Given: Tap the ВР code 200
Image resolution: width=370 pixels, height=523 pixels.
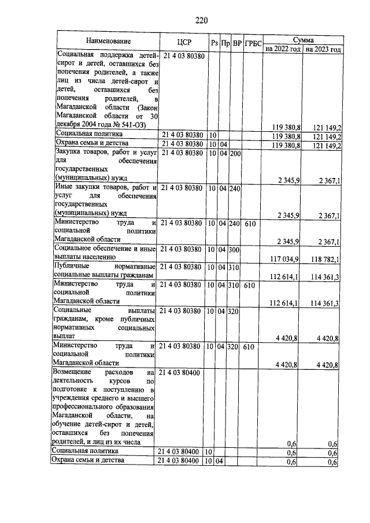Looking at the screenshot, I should (x=235, y=153).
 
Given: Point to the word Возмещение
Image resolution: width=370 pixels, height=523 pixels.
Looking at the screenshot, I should (x=76, y=373).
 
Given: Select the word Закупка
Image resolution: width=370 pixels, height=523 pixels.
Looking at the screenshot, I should (x=69, y=153).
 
